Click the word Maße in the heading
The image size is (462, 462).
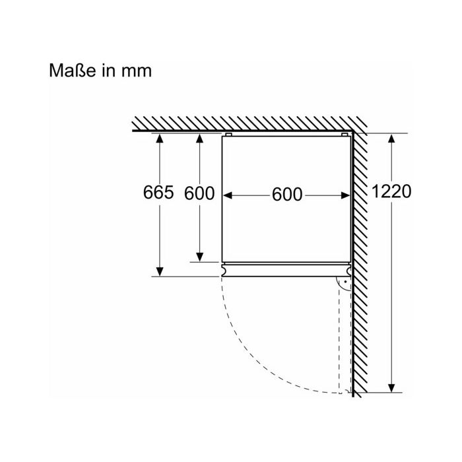[72, 71]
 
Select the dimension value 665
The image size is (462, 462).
[158, 193]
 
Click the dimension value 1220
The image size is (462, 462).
[391, 191]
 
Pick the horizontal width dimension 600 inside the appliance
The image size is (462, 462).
[287, 195]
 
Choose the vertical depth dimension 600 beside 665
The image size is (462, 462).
[199, 193]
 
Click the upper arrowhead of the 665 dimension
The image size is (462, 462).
[160, 138]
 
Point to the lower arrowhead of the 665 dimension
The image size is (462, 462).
[160, 272]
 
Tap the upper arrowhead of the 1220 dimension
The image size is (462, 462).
[391, 138]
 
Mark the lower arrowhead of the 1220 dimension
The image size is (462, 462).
[391, 388]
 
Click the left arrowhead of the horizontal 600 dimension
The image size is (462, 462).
[228, 195]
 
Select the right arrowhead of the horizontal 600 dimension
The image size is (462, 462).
[345, 195]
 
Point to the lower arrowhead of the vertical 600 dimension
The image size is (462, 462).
[200, 257]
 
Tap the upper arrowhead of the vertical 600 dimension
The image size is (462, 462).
[200, 138]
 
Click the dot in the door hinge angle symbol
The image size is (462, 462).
[345, 282]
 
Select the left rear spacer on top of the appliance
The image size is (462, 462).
[228, 135]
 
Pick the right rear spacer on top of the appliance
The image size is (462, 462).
[345, 135]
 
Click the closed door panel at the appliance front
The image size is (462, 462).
[286, 270]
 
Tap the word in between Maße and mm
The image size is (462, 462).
[108, 71]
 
